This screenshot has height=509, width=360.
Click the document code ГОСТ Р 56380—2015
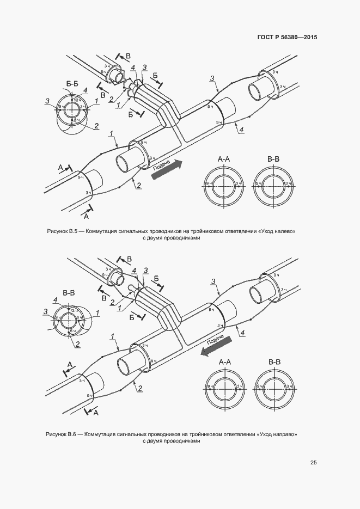point(286,38)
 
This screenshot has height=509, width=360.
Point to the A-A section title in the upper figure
point(224,159)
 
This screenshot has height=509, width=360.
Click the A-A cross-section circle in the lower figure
point(224,387)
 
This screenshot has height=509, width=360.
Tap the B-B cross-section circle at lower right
point(274,387)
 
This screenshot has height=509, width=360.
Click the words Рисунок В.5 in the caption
point(64,231)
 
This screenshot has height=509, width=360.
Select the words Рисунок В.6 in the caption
point(64,434)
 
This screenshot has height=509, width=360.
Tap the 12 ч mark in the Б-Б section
point(77,100)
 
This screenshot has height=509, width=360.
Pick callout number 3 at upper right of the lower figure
point(214,281)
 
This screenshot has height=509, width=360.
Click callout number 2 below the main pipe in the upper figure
point(139,186)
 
